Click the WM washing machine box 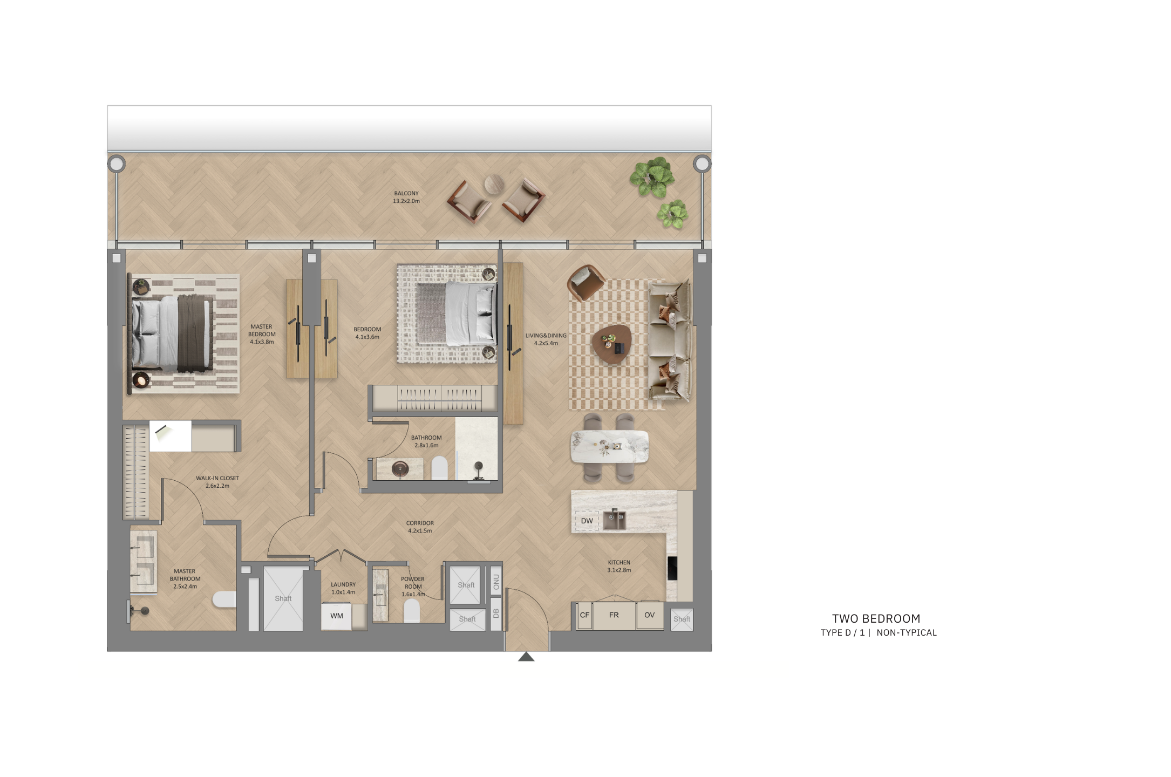[336, 616]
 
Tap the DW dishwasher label [587, 521]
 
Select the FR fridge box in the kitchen [614, 615]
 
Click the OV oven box [650, 615]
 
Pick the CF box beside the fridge [584, 615]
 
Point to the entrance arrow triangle [526, 657]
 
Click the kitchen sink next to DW [614, 520]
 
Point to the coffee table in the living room [612, 344]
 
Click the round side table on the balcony [494, 185]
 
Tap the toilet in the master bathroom [224, 599]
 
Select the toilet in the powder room [412, 611]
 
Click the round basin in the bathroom [400, 469]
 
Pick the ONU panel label [496, 582]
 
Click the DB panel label [496, 614]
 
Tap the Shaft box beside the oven [682, 619]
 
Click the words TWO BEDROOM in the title [876, 619]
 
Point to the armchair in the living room [585, 282]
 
